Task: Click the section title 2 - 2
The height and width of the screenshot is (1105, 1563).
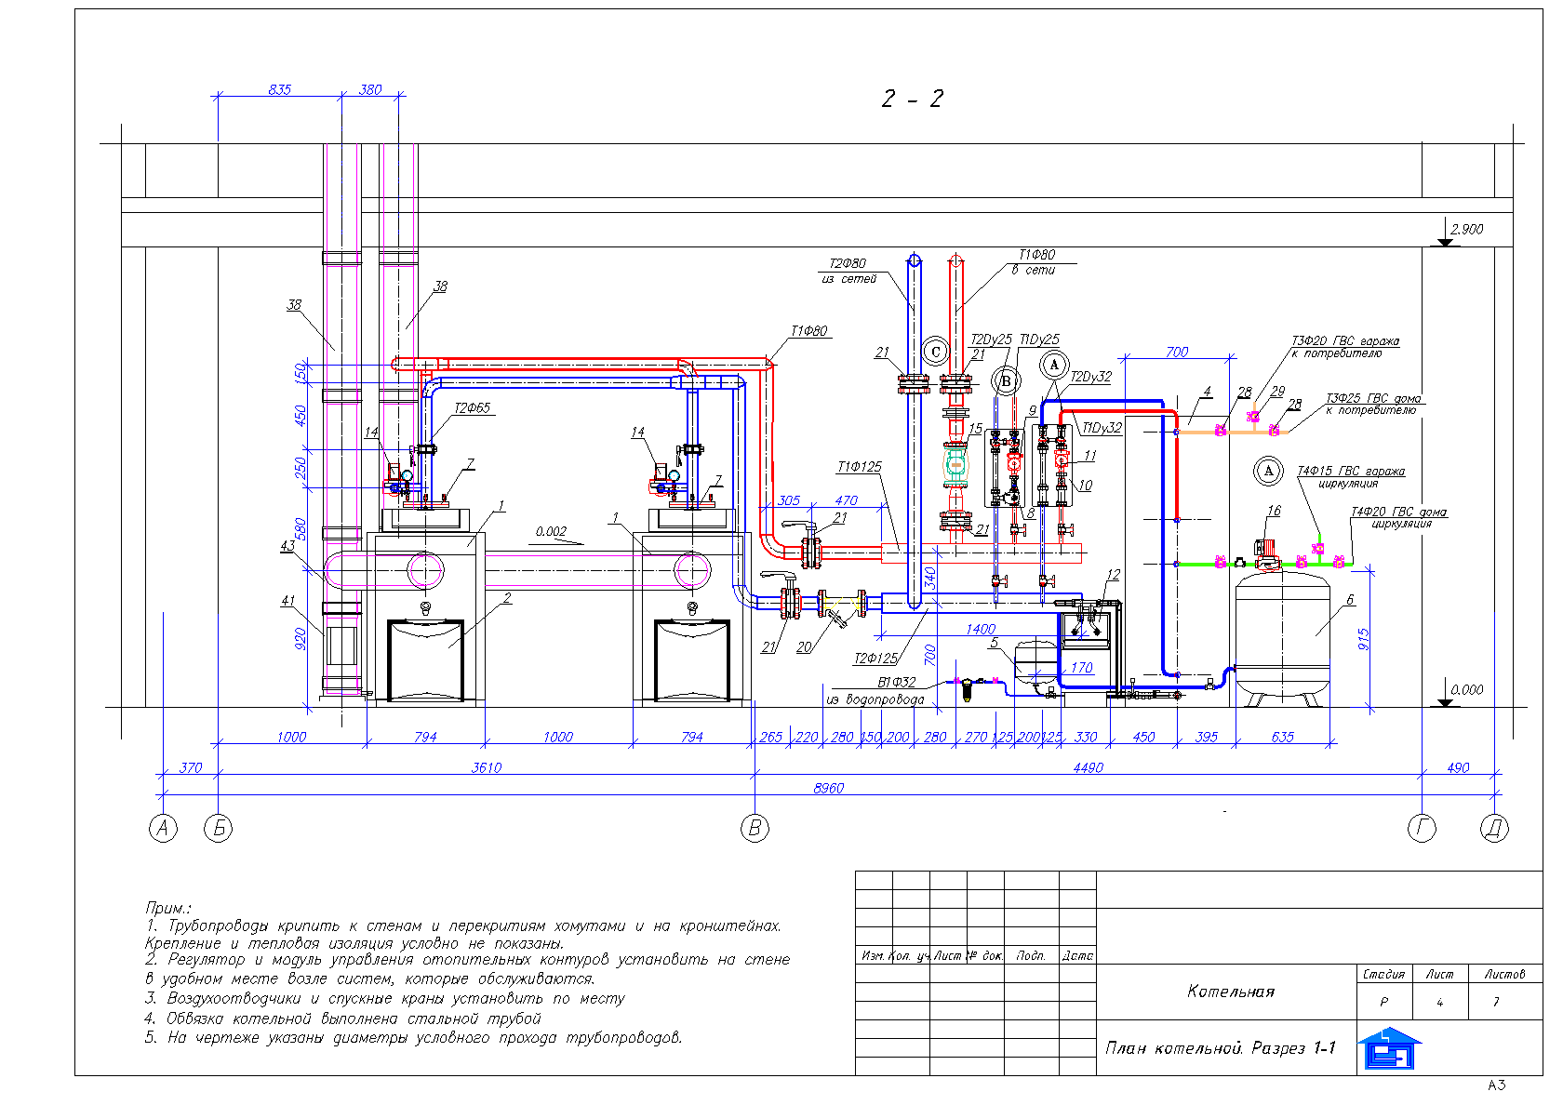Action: (912, 99)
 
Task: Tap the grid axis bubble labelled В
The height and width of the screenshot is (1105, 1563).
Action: (755, 828)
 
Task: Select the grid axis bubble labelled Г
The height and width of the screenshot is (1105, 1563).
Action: (1422, 828)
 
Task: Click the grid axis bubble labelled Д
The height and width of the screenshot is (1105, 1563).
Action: (1494, 828)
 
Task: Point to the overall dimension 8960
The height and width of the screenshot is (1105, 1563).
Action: (828, 788)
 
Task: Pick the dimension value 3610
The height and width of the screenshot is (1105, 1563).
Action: (486, 767)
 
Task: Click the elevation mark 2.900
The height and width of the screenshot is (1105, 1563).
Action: (1467, 229)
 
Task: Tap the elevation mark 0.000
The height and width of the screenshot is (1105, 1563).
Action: (1467, 689)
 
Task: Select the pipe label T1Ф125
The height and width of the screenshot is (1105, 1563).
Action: (859, 467)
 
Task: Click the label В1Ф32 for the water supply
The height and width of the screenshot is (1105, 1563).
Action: (896, 682)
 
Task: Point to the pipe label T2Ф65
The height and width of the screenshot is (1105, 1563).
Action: (472, 408)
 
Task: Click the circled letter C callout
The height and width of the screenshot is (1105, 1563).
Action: (936, 352)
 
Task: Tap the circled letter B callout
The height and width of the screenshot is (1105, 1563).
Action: (1005, 380)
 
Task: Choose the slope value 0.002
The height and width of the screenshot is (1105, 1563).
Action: (551, 532)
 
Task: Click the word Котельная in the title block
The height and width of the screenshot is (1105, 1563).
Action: (1230, 992)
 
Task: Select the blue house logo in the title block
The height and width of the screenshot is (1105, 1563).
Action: (1388, 1048)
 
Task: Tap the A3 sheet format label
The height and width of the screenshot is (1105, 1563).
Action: (1496, 1085)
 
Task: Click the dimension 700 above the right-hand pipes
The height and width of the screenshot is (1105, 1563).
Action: (1177, 352)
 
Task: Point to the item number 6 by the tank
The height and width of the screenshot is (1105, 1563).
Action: (1350, 600)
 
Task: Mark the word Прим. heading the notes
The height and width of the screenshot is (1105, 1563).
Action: (168, 907)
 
